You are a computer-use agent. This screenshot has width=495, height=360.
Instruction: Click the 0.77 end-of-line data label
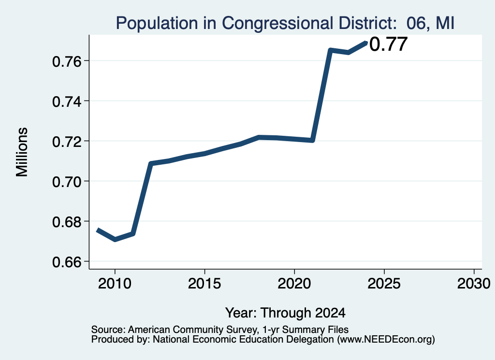click(x=388, y=44)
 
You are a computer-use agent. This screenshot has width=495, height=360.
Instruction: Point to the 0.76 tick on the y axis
click(x=66, y=61)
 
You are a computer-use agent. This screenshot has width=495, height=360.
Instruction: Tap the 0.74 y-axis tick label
click(x=66, y=101)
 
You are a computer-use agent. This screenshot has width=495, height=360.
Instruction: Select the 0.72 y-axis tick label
click(x=66, y=142)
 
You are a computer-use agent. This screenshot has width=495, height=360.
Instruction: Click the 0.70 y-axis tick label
click(x=66, y=182)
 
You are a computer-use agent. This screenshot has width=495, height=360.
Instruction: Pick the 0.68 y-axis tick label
click(x=66, y=222)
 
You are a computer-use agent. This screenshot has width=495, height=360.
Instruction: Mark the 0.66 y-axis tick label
click(x=66, y=262)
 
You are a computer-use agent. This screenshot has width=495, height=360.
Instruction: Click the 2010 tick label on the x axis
click(x=115, y=284)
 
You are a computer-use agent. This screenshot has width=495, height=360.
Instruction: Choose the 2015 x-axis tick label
click(x=204, y=284)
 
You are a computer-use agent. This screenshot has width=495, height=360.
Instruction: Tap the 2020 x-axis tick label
click(x=294, y=284)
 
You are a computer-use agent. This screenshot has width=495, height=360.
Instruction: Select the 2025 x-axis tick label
click(x=384, y=284)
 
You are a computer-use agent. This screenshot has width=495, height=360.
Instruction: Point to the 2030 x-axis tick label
click(x=474, y=284)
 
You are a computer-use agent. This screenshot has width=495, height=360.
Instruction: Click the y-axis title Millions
click(x=22, y=152)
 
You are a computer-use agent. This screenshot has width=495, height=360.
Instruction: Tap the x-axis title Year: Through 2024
click(x=285, y=313)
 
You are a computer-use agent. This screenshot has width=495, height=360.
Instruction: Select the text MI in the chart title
click(x=445, y=23)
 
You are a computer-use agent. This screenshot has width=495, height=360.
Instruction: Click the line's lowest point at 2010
click(x=115, y=240)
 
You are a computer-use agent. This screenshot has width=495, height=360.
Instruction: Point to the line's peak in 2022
click(x=330, y=50)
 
